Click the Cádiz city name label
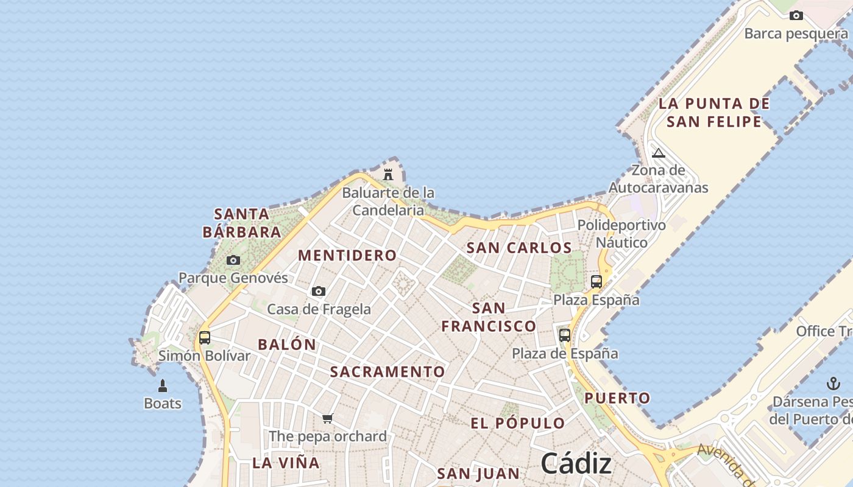point(576,464)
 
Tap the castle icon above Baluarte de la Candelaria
point(388,175)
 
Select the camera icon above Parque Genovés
point(233,261)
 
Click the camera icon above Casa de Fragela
point(319,292)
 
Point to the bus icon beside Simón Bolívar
point(205,337)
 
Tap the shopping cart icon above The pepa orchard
point(328,418)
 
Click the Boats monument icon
point(163,386)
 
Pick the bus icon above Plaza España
point(596,282)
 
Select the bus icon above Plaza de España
point(565,335)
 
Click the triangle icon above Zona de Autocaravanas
point(659,153)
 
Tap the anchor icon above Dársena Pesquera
point(833,384)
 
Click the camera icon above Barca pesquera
point(796,16)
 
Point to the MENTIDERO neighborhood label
point(347,255)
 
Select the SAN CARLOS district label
point(519,248)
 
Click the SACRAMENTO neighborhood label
point(388,371)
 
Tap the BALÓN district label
point(287,345)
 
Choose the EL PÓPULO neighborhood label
point(518,423)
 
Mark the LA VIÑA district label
point(286,463)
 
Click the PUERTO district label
point(618,398)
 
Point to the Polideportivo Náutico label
point(621,234)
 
